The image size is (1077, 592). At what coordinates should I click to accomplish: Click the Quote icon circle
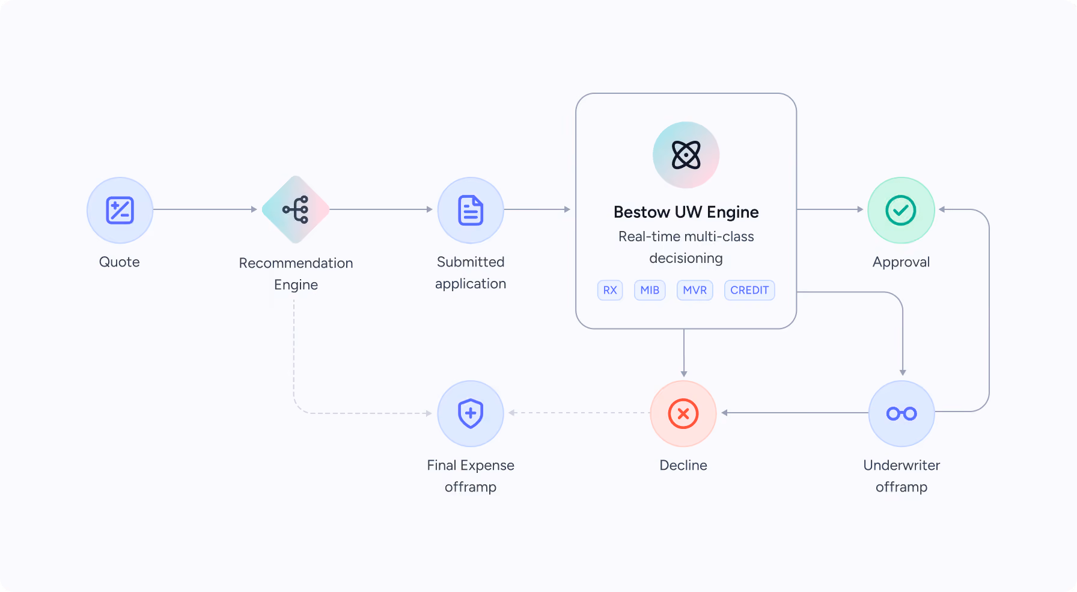(120, 210)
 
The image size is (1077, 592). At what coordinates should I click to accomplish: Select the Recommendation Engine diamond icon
(296, 209)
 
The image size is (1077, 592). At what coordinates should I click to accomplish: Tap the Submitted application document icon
(471, 210)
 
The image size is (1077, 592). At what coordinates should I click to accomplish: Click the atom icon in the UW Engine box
(686, 155)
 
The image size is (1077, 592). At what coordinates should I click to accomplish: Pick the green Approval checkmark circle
(901, 210)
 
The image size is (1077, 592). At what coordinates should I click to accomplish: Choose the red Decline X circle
(683, 413)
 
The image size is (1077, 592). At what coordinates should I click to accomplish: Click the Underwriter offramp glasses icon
(902, 413)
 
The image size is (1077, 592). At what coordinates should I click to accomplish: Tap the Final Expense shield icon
(471, 413)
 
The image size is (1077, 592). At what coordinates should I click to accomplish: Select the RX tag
(610, 290)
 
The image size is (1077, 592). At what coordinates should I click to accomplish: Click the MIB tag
(650, 290)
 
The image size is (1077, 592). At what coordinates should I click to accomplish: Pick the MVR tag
(695, 290)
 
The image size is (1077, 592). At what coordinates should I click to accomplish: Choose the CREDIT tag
(749, 290)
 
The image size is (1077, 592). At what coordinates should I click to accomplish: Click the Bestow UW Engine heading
(686, 212)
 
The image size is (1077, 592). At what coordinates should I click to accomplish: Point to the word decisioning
(686, 258)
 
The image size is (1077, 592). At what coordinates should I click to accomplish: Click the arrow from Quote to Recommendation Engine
(205, 209)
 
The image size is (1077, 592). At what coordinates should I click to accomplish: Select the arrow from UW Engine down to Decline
(684, 353)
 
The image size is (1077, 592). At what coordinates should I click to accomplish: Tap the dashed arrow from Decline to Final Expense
(579, 413)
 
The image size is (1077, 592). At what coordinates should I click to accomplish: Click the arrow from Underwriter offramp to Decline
(795, 413)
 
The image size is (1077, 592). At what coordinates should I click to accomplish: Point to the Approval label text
(901, 262)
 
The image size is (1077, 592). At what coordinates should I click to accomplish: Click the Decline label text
(683, 465)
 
